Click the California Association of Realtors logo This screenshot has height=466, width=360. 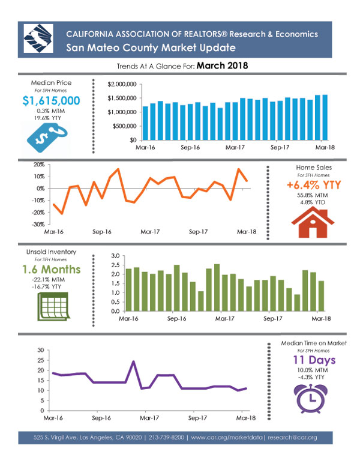(x=38, y=38)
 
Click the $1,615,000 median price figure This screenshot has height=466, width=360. (x=51, y=101)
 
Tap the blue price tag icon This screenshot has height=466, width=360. (x=47, y=138)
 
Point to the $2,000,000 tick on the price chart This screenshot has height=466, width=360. (x=122, y=85)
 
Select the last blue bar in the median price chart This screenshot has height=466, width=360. (x=325, y=117)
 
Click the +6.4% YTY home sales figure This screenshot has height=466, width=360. (x=314, y=185)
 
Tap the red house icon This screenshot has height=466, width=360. (x=313, y=222)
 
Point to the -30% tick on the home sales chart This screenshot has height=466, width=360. (x=38, y=225)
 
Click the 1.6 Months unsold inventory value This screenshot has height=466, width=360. (x=52, y=270)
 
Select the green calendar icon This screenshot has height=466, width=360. (x=53, y=306)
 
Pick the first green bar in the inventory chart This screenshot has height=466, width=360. (x=128, y=290)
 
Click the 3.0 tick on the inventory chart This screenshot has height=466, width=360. (x=116, y=256)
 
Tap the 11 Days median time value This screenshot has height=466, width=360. (x=314, y=360)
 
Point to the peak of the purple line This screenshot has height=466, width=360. (x=133, y=362)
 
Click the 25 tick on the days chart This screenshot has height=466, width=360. (x=41, y=360)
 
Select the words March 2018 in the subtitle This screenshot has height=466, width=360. (x=222, y=65)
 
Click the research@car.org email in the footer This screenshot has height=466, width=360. (x=292, y=437)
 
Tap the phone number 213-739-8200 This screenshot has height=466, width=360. (x=166, y=437)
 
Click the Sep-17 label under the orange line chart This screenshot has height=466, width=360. (x=198, y=232)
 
